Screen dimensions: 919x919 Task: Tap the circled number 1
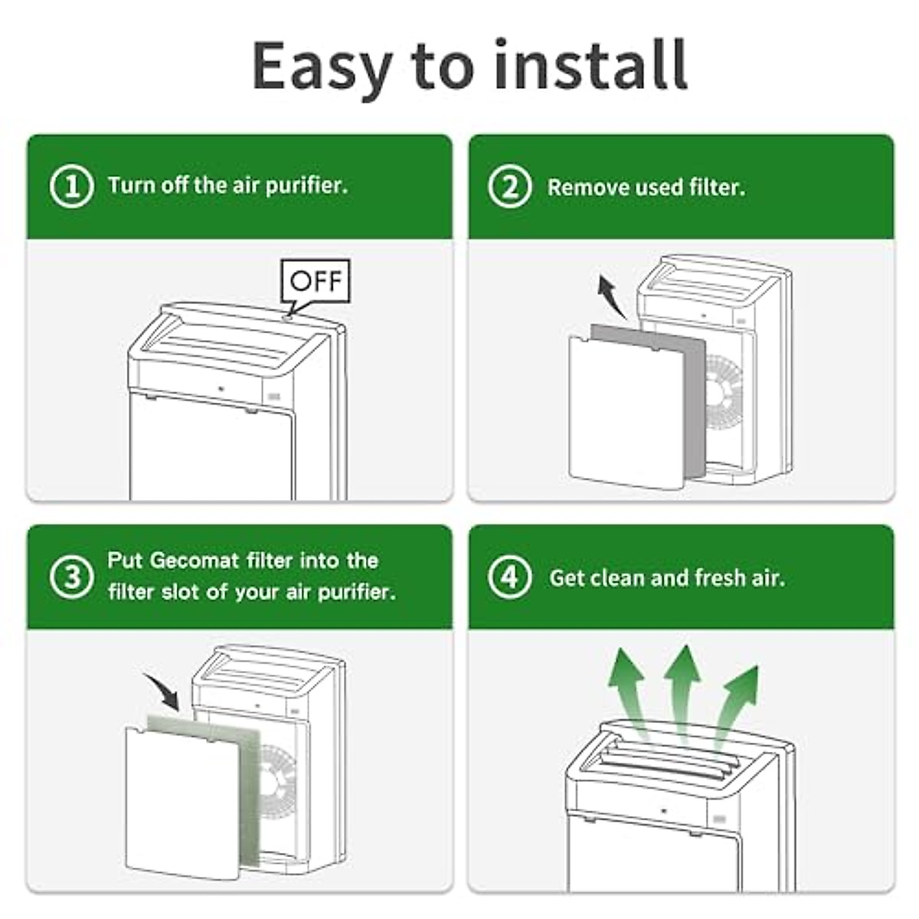click(x=71, y=187)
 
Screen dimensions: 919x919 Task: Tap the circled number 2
click(x=510, y=187)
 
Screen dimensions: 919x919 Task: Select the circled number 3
click(x=71, y=577)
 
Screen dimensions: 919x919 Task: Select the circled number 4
click(x=510, y=577)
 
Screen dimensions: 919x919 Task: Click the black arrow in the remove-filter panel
click(x=611, y=298)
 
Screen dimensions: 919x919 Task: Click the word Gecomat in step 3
click(x=195, y=561)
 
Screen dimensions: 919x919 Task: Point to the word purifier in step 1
click(x=306, y=186)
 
